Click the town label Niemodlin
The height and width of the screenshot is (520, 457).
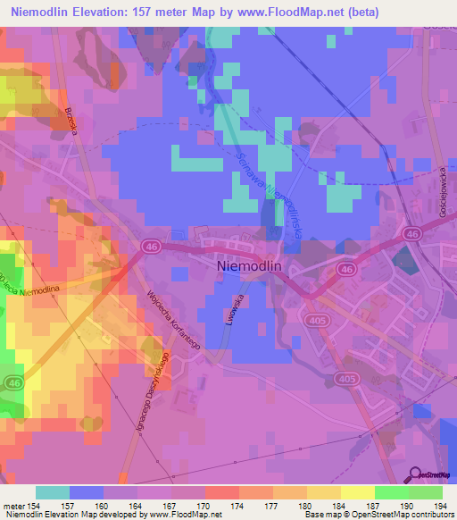pyautogui.click(x=257, y=265)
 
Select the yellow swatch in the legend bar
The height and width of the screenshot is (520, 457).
pyautogui.click(x=357, y=492)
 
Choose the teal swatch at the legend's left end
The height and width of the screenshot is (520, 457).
pyautogui.click(x=53, y=492)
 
